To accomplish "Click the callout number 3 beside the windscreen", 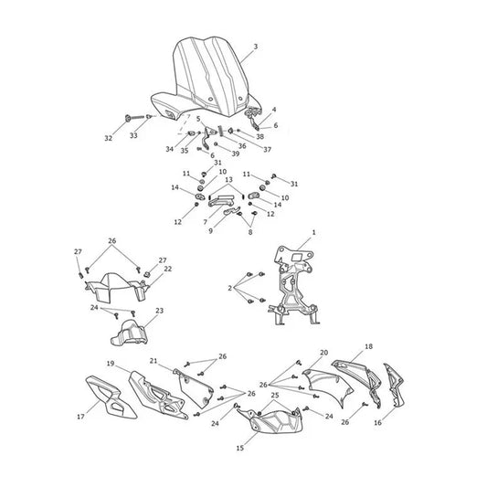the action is (x=256, y=47).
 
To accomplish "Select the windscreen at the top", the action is (x=206, y=78).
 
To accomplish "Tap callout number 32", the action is (x=108, y=138).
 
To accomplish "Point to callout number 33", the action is (x=133, y=136).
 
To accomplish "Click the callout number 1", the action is (x=313, y=232).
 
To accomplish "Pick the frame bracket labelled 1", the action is (x=292, y=286).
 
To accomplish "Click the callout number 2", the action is (x=230, y=288).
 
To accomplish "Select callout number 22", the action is (x=168, y=269).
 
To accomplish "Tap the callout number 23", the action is (x=159, y=311).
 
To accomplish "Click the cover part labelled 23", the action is (x=130, y=333).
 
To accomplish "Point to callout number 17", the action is (x=80, y=417).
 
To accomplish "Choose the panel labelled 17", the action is (x=111, y=397).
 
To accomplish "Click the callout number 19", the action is (x=111, y=364).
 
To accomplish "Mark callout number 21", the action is (x=154, y=361).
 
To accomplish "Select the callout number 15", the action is (x=240, y=449).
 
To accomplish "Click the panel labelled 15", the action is (x=270, y=420).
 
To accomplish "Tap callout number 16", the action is (x=377, y=423).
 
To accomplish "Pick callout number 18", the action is (x=368, y=346).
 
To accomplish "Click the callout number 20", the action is (x=324, y=353).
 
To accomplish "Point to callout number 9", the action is (x=210, y=231).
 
